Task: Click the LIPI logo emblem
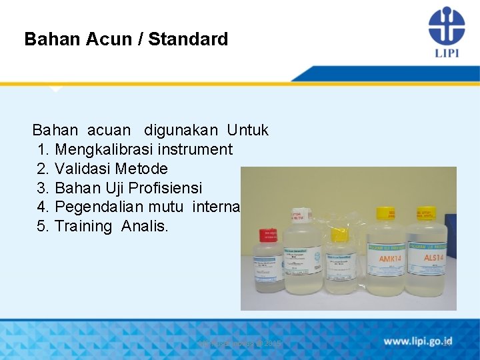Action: tap(446, 25)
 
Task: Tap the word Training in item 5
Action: tap(83, 227)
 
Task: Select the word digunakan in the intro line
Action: tap(179, 130)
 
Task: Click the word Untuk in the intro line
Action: tap(247, 130)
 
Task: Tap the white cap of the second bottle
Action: tap(298, 215)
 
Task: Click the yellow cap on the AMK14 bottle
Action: tap(385, 213)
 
